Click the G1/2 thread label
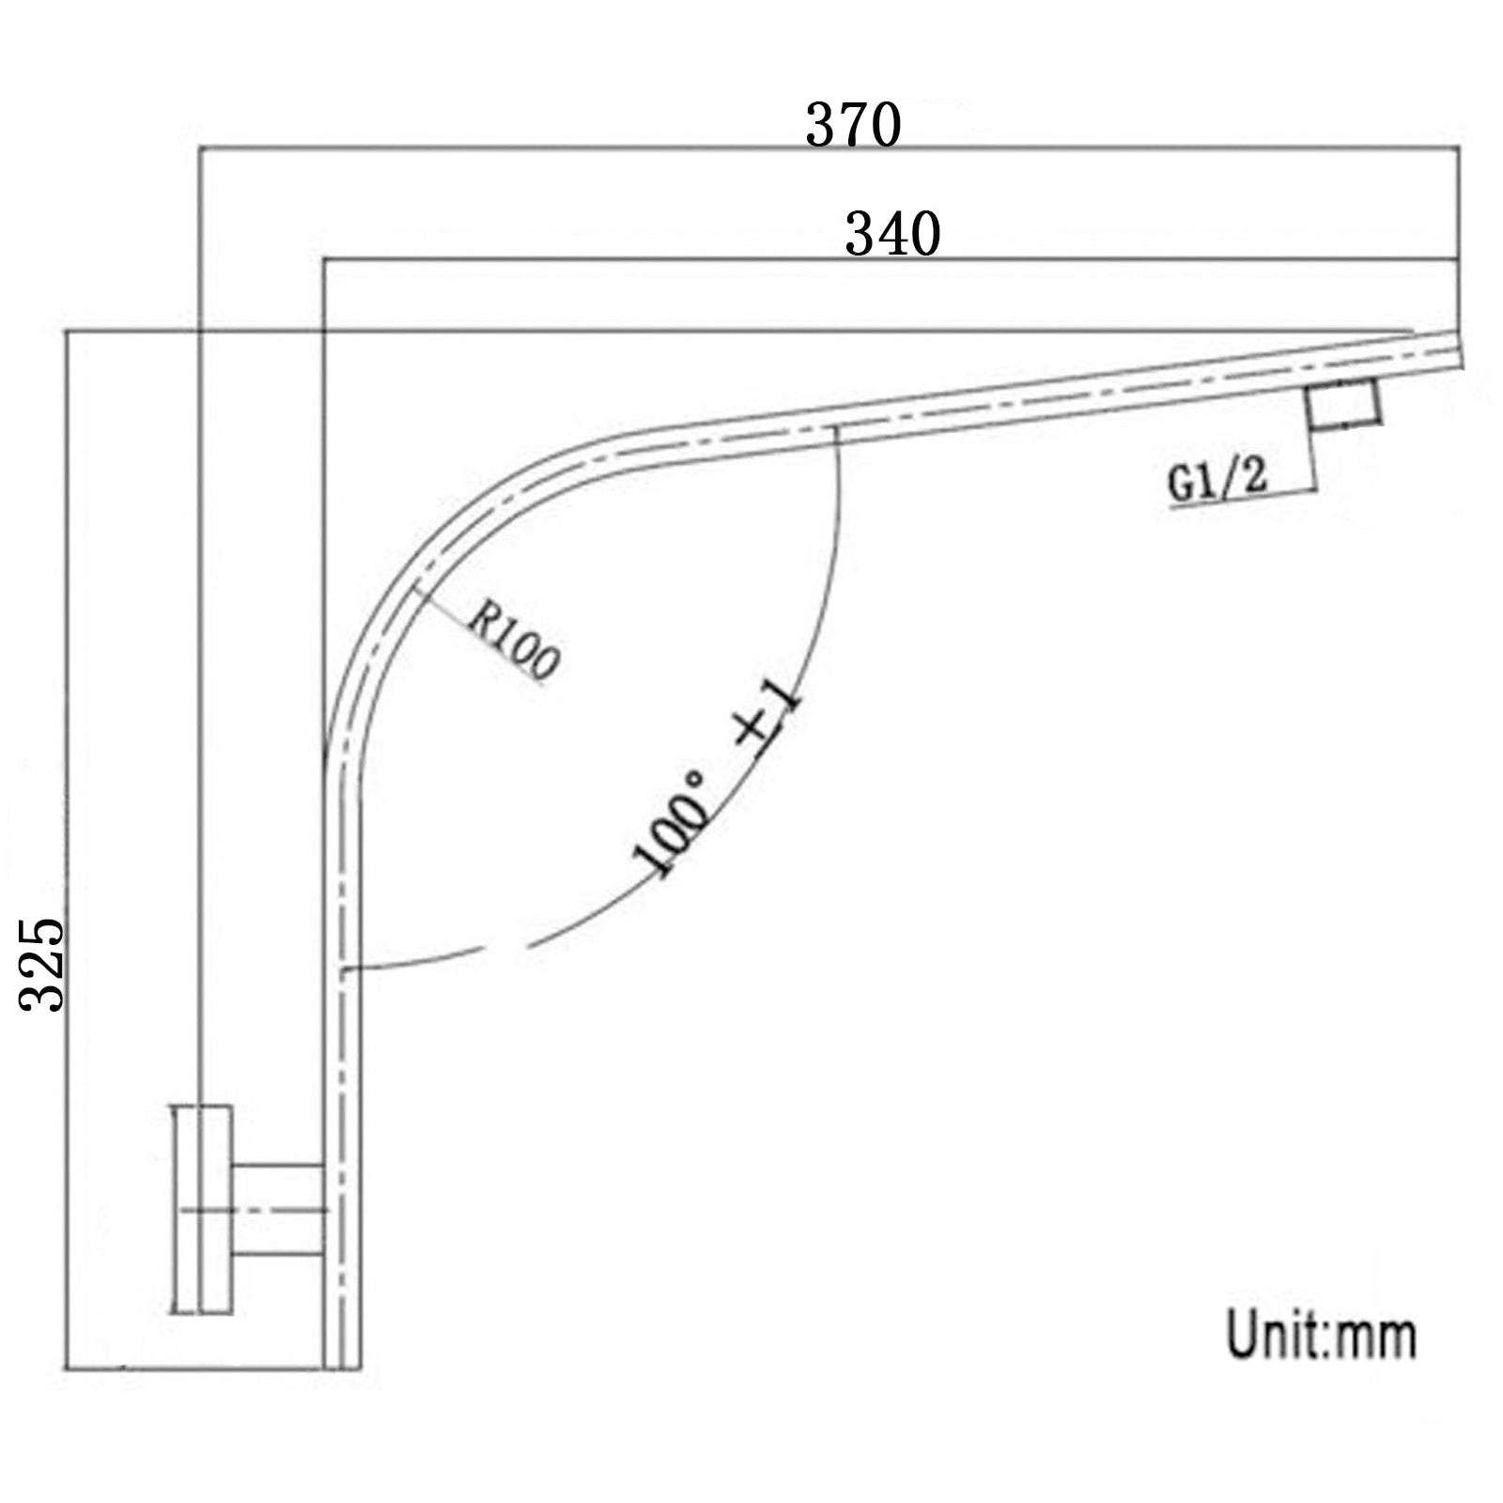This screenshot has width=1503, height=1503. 1217,482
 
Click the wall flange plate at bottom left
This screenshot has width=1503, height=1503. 201,1208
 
